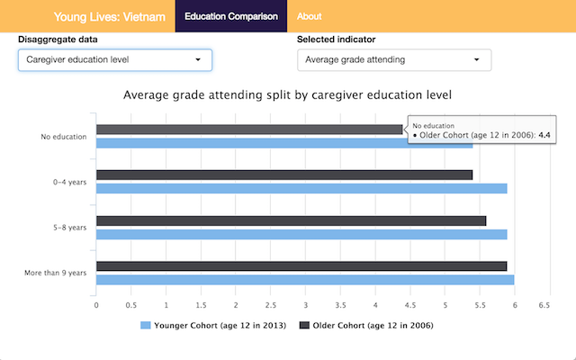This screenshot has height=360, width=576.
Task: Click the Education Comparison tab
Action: (230, 16)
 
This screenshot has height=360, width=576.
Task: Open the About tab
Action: (309, 16)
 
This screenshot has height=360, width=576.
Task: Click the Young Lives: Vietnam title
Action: (109, 16)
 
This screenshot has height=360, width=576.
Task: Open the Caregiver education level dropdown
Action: (115, 60)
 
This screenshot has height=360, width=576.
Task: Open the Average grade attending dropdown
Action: (394, 60)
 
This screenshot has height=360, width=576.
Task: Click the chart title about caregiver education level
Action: (287, 94)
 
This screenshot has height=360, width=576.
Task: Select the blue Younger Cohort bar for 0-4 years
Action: (301, 188)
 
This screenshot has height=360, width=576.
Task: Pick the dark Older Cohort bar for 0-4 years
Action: (283, 175)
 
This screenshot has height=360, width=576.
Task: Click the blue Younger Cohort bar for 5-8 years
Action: (301, 234)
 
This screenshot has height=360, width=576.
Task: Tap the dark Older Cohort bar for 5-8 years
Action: (290, 220)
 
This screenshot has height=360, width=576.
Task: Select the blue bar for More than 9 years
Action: (304, 280)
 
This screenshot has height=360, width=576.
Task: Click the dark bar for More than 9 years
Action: (301, 266)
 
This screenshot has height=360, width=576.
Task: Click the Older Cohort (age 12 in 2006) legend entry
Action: (365, 325)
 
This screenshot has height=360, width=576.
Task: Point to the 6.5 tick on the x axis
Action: (544, 305)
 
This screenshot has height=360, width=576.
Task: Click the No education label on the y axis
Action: (63, 137)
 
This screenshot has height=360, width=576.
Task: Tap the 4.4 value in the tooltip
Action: (544, 134)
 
